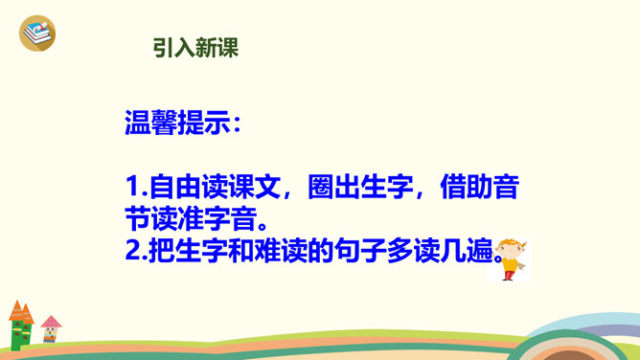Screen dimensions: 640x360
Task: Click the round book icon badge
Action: [x=37, y=33]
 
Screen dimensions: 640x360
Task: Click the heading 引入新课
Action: [x=195, y=48]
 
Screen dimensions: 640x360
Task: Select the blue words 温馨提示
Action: [x=177, y=123]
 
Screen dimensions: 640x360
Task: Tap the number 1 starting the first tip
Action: [x=132, y=187]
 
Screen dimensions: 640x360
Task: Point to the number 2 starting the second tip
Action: [x=133, y=250]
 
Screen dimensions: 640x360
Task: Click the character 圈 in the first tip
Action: [x=320, y=187]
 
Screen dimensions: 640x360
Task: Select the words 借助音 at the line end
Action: [x=480, y=187]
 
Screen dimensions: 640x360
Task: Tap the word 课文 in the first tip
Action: [x=255, y=187]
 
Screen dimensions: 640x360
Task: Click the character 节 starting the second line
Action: [x=138, y=218]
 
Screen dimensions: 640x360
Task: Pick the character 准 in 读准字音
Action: [x=191, y=218]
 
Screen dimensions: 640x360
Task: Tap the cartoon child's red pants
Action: [x=508, y=275]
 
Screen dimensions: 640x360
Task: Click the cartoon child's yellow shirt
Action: [x=511, y=263]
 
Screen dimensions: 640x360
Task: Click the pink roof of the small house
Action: [x=51, y=322]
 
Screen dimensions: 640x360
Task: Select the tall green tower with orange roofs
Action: [x=21, y=326]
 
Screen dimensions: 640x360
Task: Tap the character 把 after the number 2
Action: [x=162, y=250]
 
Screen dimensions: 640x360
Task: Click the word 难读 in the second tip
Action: [x=281, y=250]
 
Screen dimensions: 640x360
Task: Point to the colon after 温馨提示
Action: [x=238, y=124]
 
